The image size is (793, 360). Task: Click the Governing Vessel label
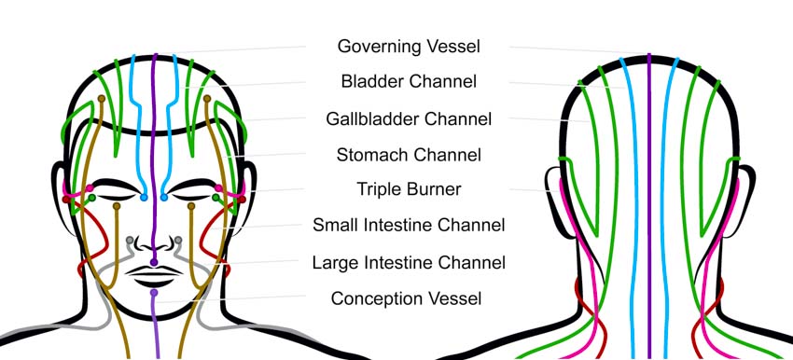click(x=409, y=46)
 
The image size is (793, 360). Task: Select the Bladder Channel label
click(x=409, y=82)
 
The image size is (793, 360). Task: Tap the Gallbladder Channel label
click(x=409, y=118)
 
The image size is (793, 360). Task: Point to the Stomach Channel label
click(x=409, y=154)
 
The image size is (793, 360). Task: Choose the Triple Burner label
click(x=409, y=189)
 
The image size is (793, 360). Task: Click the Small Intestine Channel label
click(x=409, y=225)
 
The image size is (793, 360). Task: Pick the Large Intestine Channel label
click(x=409, y=263)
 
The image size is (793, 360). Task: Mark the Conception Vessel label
click(x=409, y=298)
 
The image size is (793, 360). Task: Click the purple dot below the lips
click(x=155, y=293)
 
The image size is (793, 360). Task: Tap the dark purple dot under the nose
click(x=154, y=263)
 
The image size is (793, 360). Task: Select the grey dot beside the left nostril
click(x=130, y=241)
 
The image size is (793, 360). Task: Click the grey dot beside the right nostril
click(x=178, y=241)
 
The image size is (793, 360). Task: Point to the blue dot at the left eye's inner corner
click(x=144, y=198)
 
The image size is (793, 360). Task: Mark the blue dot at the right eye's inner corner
click(x=164, y=198)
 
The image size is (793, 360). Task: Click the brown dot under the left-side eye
click(x=117, y=206)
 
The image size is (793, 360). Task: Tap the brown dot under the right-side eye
click(x=191, y=206)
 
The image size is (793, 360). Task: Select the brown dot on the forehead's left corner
click(x=102, y=98)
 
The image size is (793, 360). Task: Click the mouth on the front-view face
click(x=154, y=276)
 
